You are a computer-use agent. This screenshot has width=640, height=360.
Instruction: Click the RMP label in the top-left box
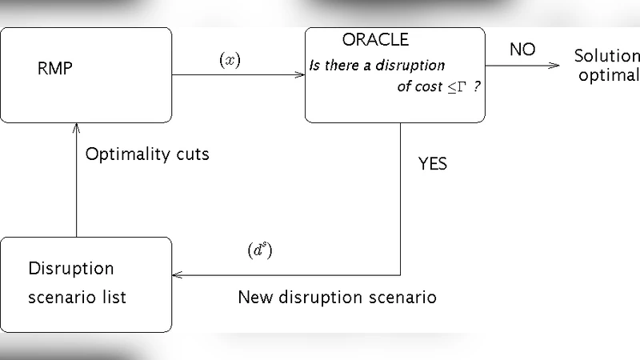pyautogui.click(x=54, y=68)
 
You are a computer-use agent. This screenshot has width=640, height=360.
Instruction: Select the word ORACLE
pyautogui.click(x=375, y=40)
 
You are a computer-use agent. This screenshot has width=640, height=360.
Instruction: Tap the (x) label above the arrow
pyautogui.click(x=230, y=61)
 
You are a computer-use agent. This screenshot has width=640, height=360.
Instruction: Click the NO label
pyautogui.click(x=522, y=50)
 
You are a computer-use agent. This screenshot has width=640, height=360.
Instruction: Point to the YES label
pyautogui.click(x=433, y=165)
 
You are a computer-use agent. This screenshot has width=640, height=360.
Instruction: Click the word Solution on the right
pyautogui.click(x=606, y=57)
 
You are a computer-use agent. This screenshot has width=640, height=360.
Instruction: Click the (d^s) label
pyautogui.click(x=260, y=250)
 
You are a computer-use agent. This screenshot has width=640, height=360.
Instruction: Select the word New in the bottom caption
pyautogui.click(x=255, y=298)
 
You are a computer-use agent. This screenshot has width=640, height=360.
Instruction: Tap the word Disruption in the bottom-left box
pyautogui.click(x=71, y=268)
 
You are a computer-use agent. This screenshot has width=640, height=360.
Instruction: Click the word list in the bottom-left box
pyautogui.click(x=113, y=298)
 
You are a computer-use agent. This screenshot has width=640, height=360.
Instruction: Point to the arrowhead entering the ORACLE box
pyautogui.click(x=300, y=75)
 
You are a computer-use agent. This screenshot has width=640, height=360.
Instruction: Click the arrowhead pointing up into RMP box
pyautogui.click(x=76, y=127)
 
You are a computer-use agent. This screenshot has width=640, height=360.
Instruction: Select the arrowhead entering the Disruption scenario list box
pyautogui.click(x=178, y=274)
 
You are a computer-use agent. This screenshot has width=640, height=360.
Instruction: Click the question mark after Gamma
pyautogui.click(x=478, y=86)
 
